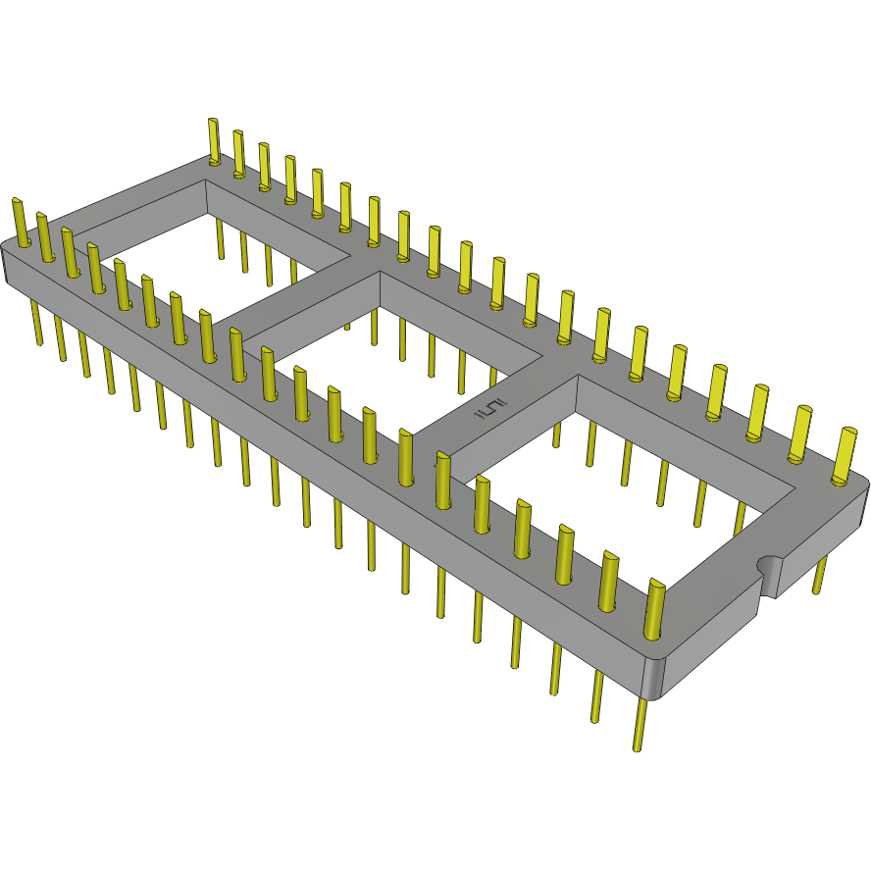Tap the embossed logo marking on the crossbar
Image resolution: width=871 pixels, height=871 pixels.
pos(491,411)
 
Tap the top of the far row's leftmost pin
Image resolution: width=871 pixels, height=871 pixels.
pos(213,124)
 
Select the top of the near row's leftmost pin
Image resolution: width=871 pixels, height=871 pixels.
pos(17,204)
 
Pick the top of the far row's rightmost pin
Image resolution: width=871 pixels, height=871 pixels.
pos(845,434)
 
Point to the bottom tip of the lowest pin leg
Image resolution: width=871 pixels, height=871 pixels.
pos(638,747)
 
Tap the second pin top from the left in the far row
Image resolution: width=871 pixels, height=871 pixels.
pos(237,136)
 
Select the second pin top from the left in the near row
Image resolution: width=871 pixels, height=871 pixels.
pos(41,219)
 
